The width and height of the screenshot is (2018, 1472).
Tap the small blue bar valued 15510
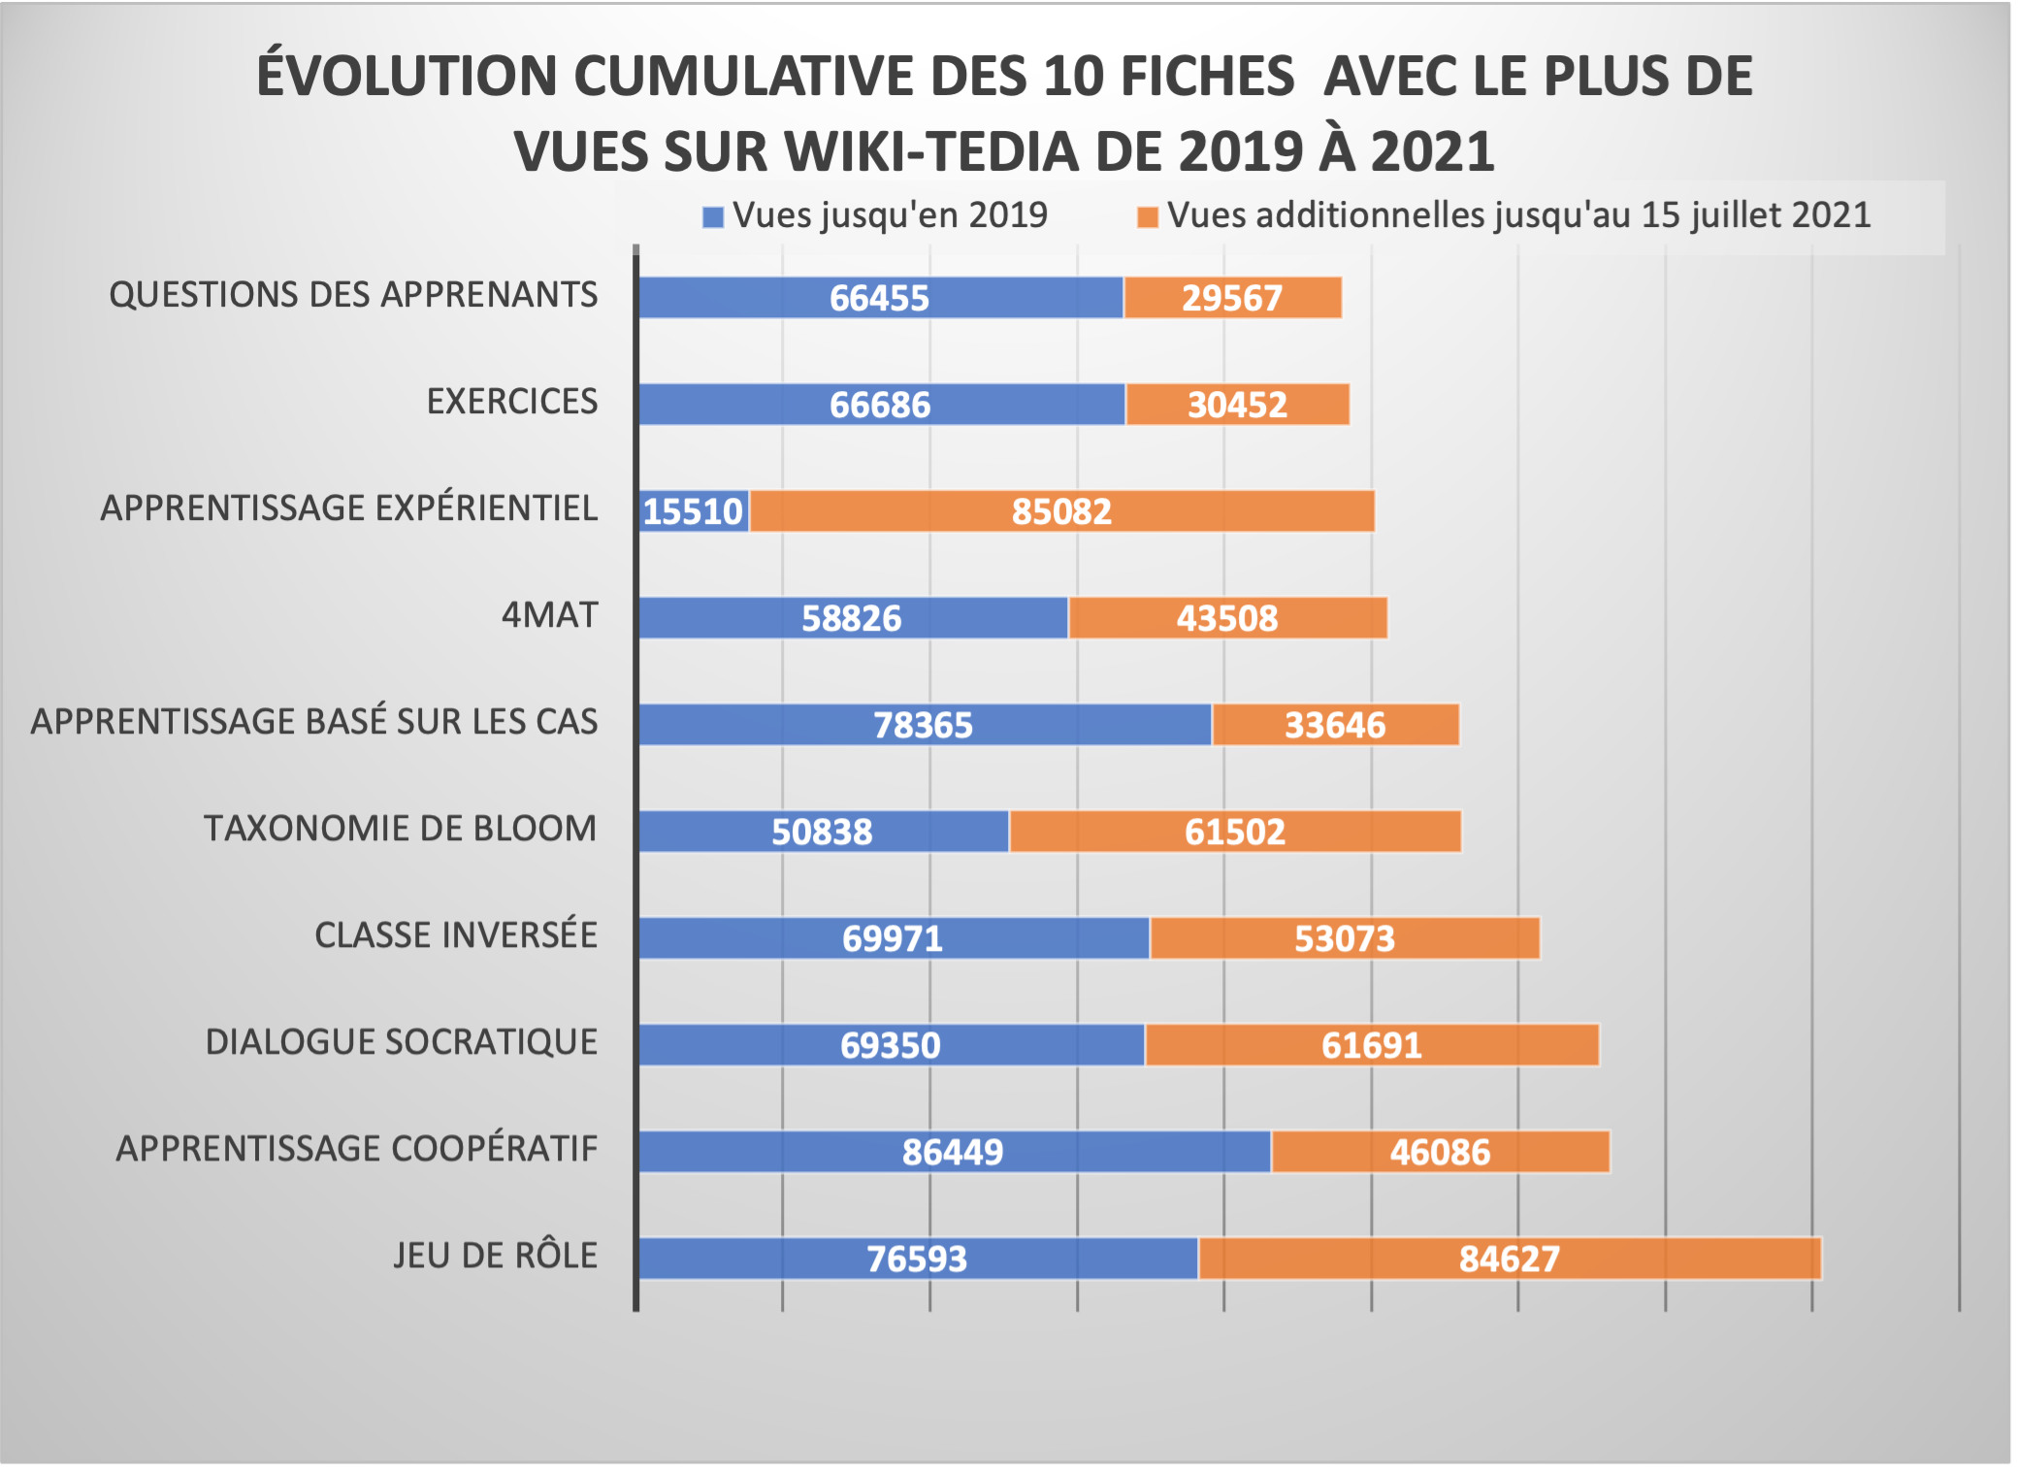click(x=694, y=511)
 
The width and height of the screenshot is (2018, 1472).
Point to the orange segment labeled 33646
click(x=1335, y=725)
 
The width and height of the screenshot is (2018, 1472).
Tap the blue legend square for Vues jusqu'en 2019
click(x=713, y=217)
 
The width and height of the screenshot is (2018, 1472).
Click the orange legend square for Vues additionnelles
click(x=1148, y=217)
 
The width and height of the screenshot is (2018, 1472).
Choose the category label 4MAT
click(x=549, y=615)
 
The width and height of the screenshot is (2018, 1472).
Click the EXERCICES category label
click(x=512, y=402)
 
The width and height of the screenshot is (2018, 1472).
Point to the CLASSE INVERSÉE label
click(x=456, y=935)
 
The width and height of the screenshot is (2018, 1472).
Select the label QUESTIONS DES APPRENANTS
click(x=353, y=295)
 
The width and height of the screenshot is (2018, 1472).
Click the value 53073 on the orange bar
click(x=1345, y=938)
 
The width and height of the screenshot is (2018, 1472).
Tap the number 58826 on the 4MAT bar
click(x=851, y=618)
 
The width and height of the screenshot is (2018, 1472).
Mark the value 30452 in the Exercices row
click(x=1237, y=405)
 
